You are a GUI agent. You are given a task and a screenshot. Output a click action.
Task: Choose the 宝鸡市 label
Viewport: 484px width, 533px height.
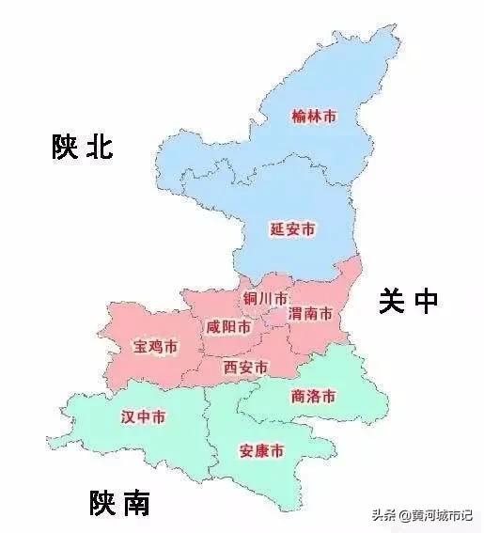[x=154, y=348]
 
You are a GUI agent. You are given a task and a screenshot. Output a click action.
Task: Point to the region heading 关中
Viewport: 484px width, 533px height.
[x=408, y=301]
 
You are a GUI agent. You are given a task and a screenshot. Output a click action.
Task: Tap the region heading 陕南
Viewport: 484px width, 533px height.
[x=119, y=505]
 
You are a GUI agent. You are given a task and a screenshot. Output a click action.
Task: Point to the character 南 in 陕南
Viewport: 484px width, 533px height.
[x=135, y=505]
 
